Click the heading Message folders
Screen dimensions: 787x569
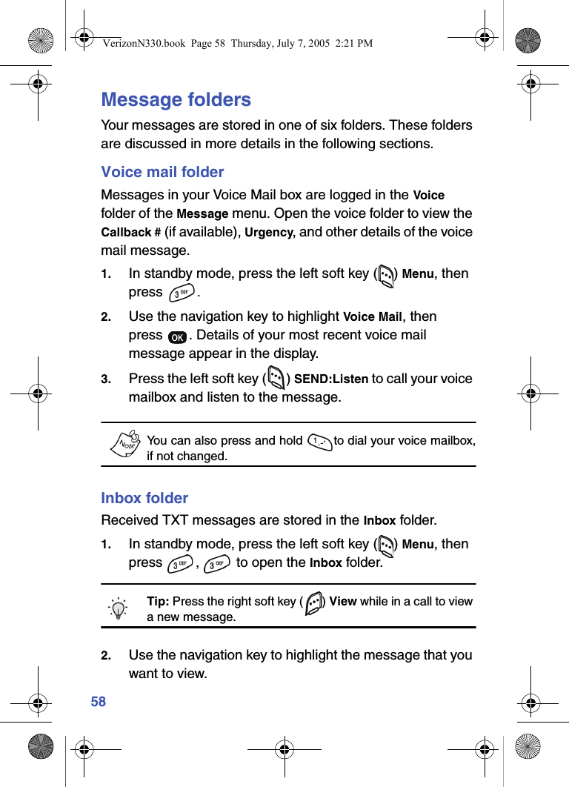(x=176, y=99)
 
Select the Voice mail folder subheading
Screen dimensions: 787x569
(x=162, y=172)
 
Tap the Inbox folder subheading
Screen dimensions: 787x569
(x=144, y=498)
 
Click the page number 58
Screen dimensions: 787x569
(x=99, y=702)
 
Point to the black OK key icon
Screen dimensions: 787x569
(x=177, y=337)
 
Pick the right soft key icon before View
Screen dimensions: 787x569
(x=313, y=602)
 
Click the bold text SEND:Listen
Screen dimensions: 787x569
(x=331, y=379)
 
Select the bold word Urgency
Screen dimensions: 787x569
(x=269, y=232)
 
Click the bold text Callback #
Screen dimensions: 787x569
(x=130, y=232)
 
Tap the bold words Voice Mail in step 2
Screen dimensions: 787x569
(x=373, y=317)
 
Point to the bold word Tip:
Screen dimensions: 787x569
(x=158, y=601)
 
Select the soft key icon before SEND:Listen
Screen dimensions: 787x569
(x=276, y=379)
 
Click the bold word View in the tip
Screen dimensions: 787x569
(x=342, y=601)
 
